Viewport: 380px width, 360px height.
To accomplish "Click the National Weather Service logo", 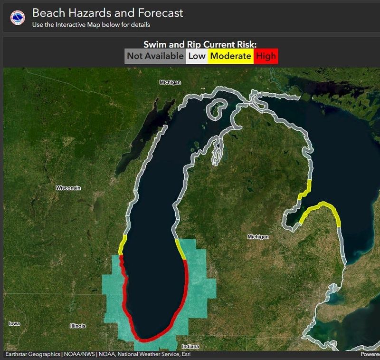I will pyautogui.click(x=18, y=18).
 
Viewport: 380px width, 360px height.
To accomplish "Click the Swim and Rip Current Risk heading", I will pyautogui.click(x=200, y=45).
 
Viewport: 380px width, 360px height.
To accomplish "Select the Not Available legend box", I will pyautogui.click(x=155, y=56).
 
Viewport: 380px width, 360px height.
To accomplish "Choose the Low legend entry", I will pyautogui.click(x=197, y=56).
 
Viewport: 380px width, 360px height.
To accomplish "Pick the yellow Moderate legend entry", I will pyautogui.click(x=230, y=56).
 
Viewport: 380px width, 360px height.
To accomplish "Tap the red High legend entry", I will pyautogui.click(x=266, y=56).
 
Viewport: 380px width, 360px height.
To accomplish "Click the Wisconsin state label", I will pyautogui.click(x=68, y=188).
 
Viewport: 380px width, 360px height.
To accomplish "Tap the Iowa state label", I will pyautogui.click(x=14, y=324).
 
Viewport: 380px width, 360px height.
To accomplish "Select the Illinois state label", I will pyautogui.click(x=77, y=326).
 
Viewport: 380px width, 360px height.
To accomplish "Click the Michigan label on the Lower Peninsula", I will pyautogui.click(x=258, y=237).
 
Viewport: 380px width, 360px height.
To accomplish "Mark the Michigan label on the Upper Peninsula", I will pyautogui.click(x=170, y=82).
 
